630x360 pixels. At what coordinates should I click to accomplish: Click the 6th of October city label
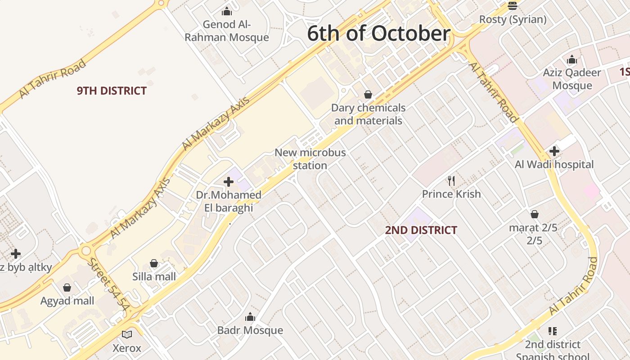378,34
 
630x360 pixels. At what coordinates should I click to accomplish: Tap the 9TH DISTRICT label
112,91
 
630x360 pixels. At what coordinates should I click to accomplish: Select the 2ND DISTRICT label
421,230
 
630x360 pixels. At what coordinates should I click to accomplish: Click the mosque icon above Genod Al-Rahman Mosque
227,11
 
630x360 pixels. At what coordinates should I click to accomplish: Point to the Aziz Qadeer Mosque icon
572,59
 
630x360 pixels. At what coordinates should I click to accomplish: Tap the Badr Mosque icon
250,317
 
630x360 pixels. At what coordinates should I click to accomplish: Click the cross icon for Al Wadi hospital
554,151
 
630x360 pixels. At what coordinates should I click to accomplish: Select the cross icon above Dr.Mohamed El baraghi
229,182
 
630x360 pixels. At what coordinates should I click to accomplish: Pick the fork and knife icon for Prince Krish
451,181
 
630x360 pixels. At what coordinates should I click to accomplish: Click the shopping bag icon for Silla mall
154,263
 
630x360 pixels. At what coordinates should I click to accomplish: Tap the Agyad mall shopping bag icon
67,288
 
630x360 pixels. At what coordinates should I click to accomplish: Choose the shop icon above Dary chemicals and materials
368,94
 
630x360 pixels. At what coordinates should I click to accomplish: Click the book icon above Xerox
127,334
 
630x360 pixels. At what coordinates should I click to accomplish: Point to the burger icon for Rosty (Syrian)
513,6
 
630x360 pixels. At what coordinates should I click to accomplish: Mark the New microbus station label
310,159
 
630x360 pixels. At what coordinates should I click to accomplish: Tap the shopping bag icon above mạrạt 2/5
535,214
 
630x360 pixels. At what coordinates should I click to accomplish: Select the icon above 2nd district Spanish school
553,331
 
